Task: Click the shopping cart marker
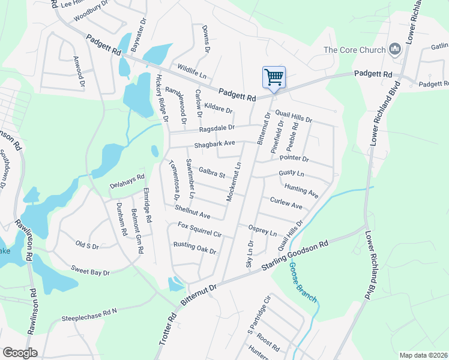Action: tap(274, 77)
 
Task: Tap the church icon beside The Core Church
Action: tap(395, 50)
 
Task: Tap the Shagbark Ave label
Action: tap(214, 144)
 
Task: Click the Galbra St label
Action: tap(211, 174)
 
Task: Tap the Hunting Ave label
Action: tap(301, 190)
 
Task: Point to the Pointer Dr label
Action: tap(294, 158)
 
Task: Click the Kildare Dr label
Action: tap(218, 109)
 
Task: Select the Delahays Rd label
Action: tap(127, 181)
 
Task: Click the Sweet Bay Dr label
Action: tap(90, 271)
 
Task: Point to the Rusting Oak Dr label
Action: tap(194, 248)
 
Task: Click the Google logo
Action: tap(20, 353)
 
